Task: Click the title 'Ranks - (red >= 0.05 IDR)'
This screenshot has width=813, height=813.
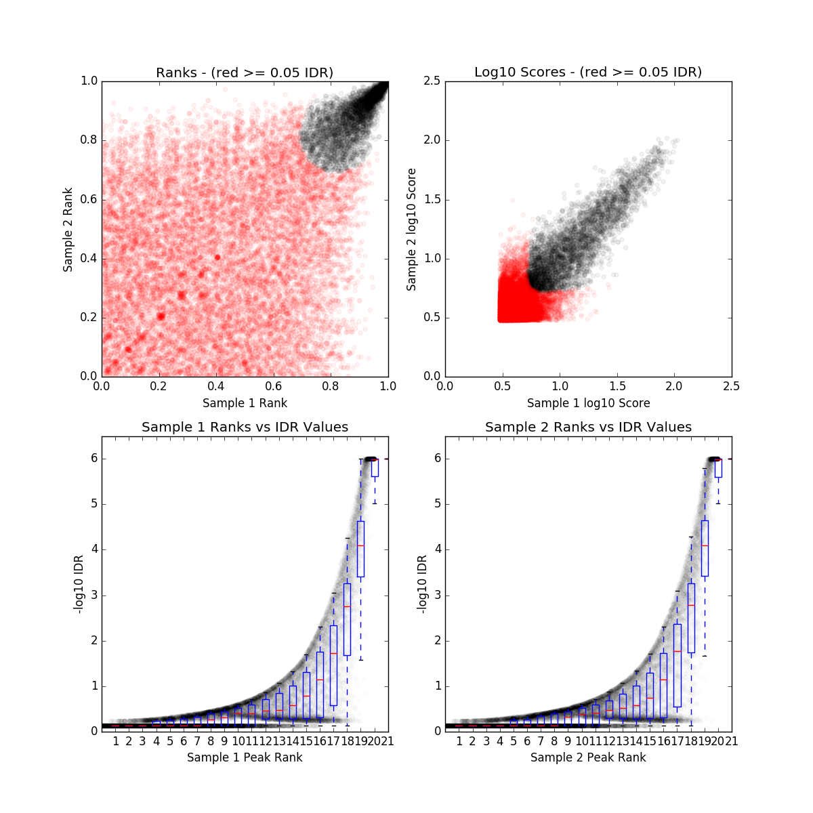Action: click(245, 72)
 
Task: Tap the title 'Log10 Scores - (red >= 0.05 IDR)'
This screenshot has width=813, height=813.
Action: click(588, 72)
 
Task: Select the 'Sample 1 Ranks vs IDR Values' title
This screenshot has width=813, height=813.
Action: click(245, 428)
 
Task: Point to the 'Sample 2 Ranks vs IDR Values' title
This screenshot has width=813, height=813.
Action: click(588, 428)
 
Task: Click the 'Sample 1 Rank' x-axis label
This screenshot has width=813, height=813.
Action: click(245, 403)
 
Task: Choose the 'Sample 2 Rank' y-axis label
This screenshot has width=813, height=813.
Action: click(68, 230)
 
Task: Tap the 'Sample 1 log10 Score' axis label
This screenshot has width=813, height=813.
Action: click(588, 403)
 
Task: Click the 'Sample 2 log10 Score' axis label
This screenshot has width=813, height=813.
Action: click(411, 230)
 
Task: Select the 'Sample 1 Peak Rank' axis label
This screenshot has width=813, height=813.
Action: click(245, 757)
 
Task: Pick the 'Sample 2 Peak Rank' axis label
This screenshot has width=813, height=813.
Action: click(588, 757)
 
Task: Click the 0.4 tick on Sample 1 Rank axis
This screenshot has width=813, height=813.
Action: click(216, 386)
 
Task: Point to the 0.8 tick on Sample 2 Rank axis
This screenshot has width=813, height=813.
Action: click(89, 140)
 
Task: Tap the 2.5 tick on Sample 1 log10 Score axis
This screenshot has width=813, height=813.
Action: click(731, 386)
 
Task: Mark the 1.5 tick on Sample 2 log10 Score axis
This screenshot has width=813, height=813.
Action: click(432, 199)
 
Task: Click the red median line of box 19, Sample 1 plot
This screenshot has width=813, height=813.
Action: click(360, 545)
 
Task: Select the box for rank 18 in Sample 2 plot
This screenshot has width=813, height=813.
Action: click(691, 618)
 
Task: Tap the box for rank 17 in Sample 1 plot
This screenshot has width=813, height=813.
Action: click(333, 666)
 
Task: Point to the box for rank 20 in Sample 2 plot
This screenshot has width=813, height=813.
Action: click(718, 467)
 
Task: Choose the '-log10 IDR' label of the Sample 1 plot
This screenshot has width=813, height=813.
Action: click(79, 584)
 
